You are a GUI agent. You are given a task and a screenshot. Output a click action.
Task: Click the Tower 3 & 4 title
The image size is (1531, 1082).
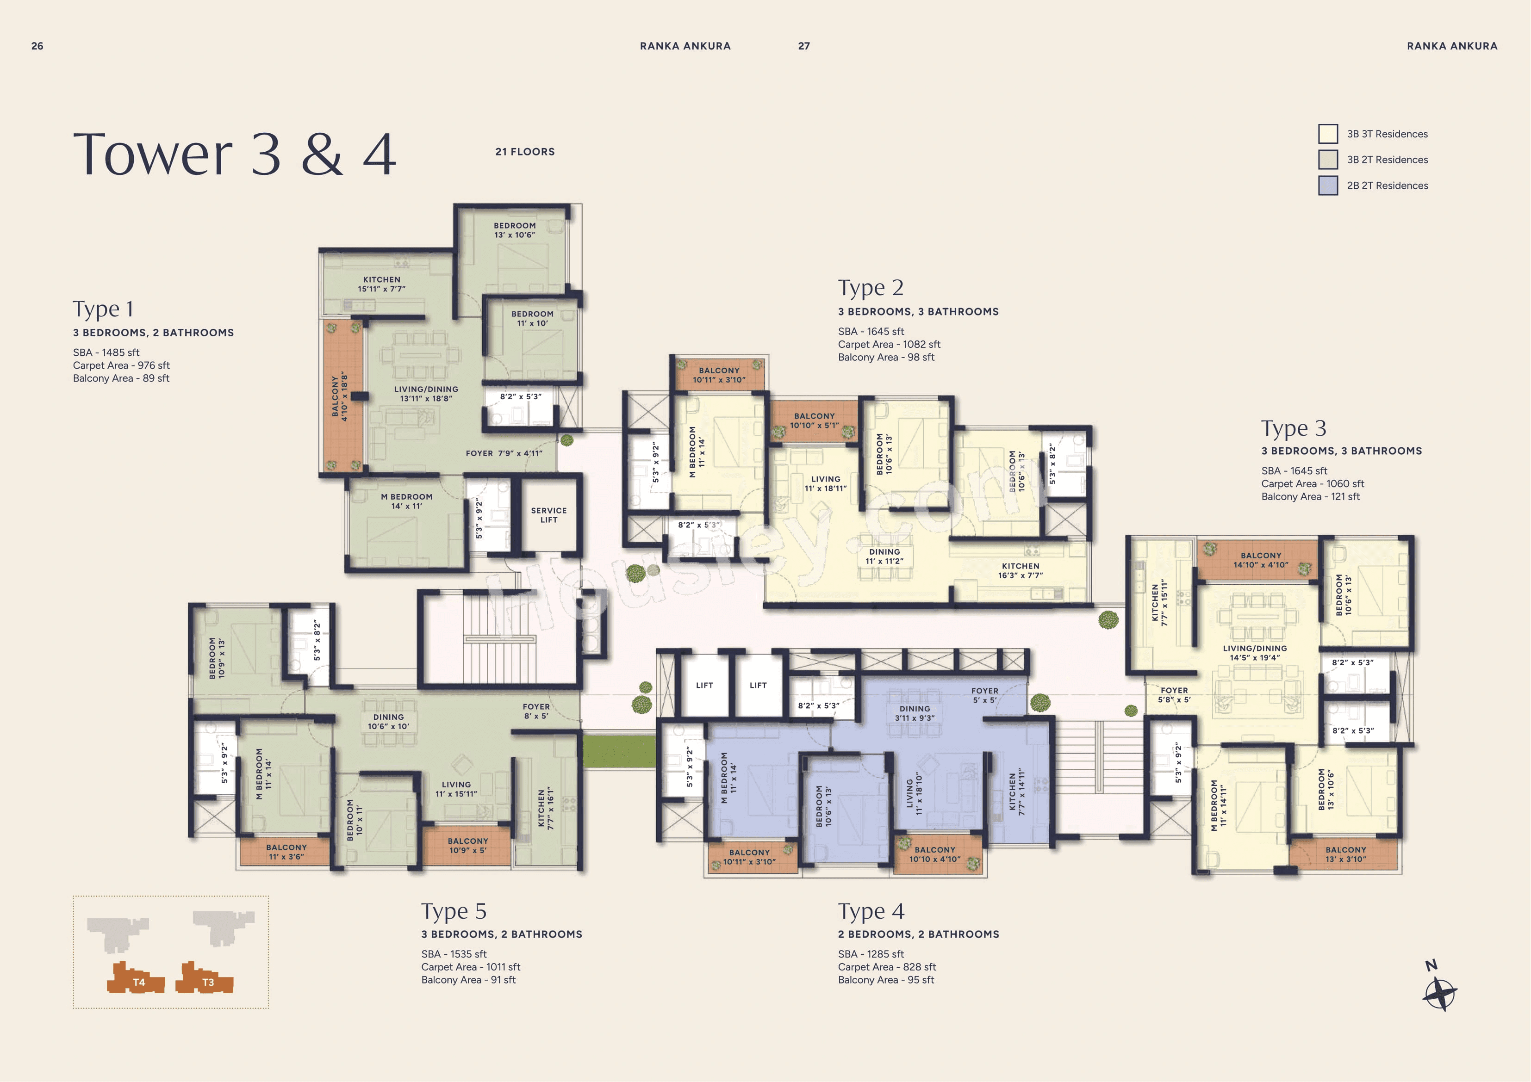[235, 155]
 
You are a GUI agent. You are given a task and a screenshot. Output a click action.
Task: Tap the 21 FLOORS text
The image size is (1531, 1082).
[525, 152]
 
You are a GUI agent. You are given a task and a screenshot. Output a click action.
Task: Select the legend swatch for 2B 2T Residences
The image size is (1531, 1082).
[1328, 185]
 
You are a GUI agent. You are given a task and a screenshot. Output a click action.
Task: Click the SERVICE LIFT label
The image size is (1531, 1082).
[549, 515]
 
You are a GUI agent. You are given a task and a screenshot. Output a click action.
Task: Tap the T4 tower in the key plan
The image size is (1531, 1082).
[136, 979]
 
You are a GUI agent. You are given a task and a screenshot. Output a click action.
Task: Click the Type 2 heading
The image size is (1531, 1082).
[870, 288]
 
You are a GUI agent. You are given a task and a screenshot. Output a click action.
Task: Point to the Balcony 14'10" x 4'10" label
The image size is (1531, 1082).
[1260, 560]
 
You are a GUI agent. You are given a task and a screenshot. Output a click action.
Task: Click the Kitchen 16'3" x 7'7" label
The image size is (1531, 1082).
[1020, 571]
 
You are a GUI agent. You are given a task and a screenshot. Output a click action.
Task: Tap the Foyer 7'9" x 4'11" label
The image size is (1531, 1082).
[504, 453]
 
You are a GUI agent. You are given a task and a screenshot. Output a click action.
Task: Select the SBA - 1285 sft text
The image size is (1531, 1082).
[871, 954]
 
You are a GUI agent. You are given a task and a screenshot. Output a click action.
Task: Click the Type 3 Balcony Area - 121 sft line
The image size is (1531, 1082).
[1310, 497]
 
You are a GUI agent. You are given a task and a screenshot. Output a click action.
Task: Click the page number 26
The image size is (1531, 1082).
[37, 46]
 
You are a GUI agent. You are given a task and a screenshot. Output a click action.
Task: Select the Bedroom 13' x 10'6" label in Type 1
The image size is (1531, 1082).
[514, 230]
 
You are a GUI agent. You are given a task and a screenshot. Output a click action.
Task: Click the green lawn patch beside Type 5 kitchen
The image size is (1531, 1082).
[619, 751]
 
